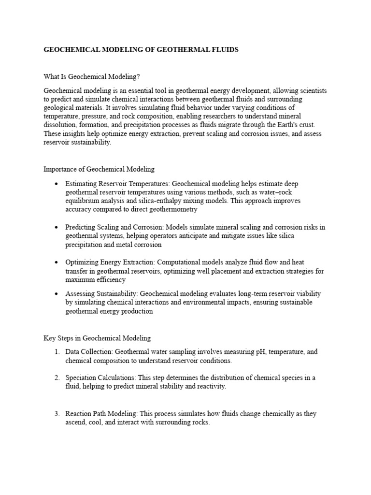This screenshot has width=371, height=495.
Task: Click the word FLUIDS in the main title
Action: (x=222, y=50)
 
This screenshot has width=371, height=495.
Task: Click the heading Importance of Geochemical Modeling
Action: (x=99, y=169)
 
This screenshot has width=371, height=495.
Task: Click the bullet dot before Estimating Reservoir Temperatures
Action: (x=57, y=184)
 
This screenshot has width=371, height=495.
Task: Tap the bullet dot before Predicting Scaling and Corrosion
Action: (x=57, y=227)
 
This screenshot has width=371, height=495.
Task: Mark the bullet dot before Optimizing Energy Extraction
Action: (x=57, y=262)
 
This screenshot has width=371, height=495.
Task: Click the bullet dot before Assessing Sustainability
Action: (x=57, y=294)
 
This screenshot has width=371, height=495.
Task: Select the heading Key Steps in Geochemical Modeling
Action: (x=97, y=338)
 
